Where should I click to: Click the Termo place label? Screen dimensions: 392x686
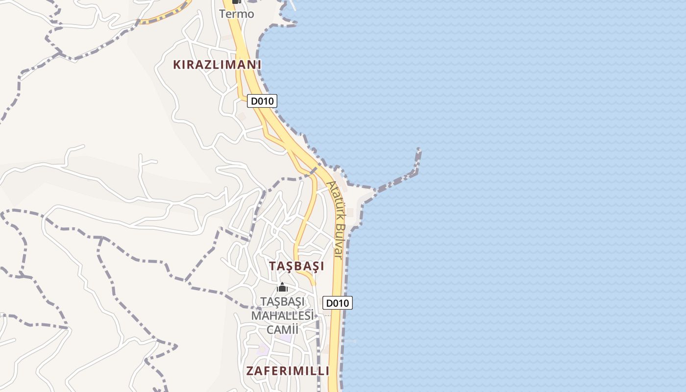pyautogui.click(x=237, y=14)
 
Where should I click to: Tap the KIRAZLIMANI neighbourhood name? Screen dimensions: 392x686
pyautogui.click(x=217, y=64)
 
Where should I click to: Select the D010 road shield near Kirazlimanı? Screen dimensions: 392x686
pyautogui.click(x=262, y=101)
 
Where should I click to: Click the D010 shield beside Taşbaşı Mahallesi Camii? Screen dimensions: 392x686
pyautogui.click(x=338, y=303)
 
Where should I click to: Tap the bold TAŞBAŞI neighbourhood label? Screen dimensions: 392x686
pyautogui.click(x=296, y=266)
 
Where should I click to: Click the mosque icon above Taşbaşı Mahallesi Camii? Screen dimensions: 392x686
pyautogui.click(x=282, y=287)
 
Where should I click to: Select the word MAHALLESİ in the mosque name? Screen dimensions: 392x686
pyautogui.click(x=282, y=315)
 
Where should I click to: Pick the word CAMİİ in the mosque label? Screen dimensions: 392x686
pyautogui.click(x=282, y=329)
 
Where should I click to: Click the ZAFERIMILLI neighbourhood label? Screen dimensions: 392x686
pyautogui.click(x=288, y=371)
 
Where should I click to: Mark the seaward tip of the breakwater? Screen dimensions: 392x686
pyautogui.click(x=419, y=149)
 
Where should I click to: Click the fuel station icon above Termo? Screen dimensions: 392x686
pyautogui.click(x=236, y=2)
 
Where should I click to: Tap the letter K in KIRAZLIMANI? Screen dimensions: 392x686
pyautogui.click(x=177, y=64)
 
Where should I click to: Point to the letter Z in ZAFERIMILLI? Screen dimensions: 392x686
pyautogui.click(x=250, y=371)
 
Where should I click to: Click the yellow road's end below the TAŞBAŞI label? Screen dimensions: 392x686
pyautogui.click(x=313, y=283)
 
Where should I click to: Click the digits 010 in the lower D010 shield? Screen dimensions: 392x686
pyautogui.click(x=341, y=303)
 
